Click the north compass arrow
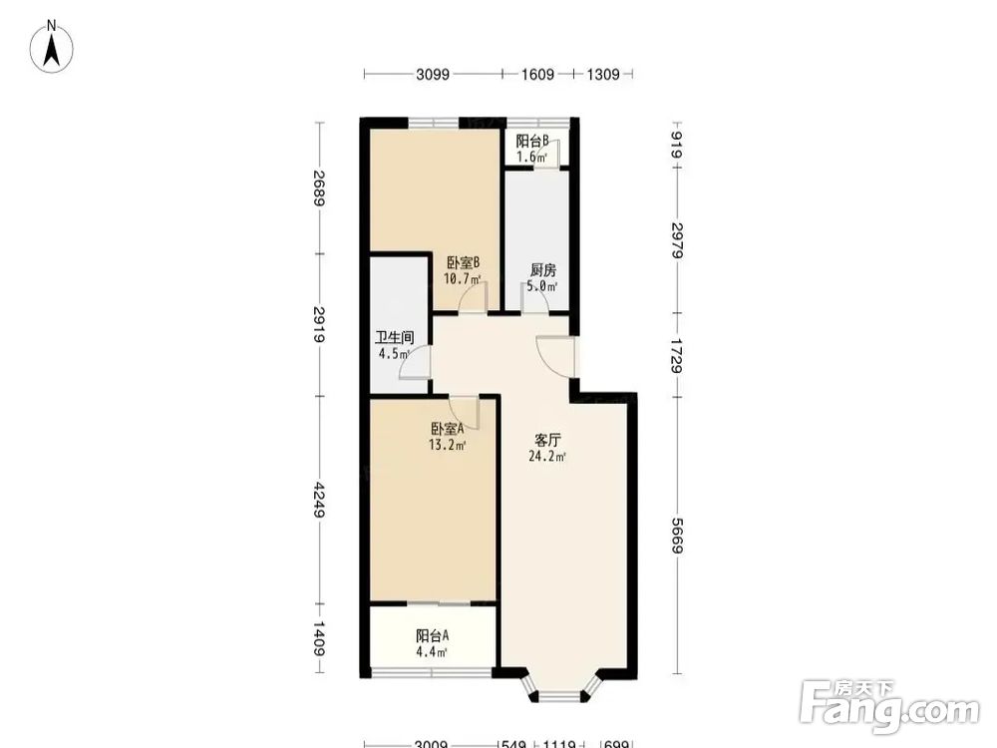pos(52,49)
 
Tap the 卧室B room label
pos(463,262)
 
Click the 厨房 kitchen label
pos(543,270)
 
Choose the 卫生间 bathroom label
pos(394,338)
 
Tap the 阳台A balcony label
pos(433,635)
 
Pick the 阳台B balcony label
pos(532,141)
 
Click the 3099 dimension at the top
pos(433,75)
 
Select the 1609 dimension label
pos(538,75)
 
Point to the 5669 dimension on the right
pos(678,536)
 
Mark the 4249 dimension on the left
pos(320,500)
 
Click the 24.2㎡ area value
pos(547,456)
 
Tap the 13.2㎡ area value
pos(447,445)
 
